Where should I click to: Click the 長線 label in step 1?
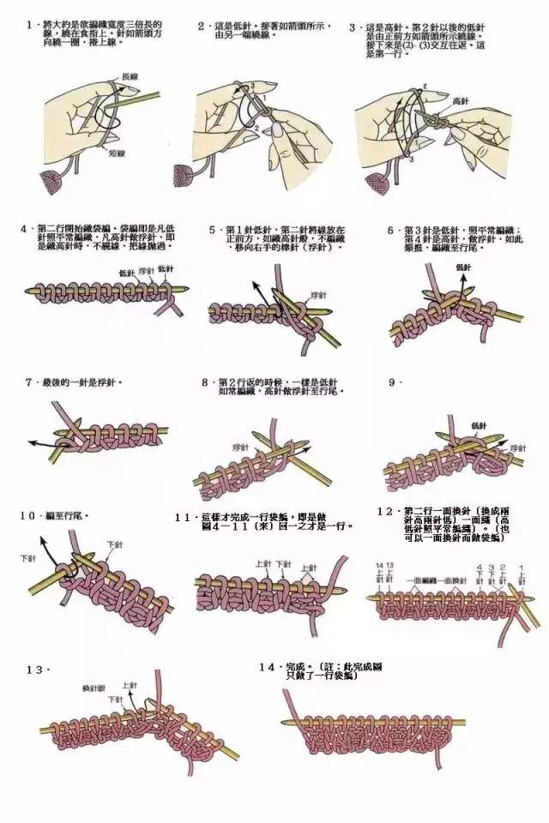pyautogui.click(x=130, y=76)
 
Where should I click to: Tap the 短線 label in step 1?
pyautogui.click(x=118, y=155)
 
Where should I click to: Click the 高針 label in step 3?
pyautogui.click(x=461, y=101)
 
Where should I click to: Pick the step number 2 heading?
pyautogui.click(x=202, y=27)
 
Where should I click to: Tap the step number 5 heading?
pyautogui.click(x=214, y=231)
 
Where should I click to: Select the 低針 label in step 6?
pyautogui.click(x=464, y=267)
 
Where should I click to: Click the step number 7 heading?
pyautogui.click(x=29, y=382)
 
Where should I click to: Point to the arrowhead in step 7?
pyautogui.click(x=31, y=442)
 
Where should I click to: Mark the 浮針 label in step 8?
pyautogui.click(x=240, y=448)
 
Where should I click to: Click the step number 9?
pyautogui.click(x=392, y=382)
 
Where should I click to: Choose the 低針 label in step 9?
pyautogui.click(x=479, y=425)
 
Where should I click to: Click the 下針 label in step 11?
pyautogui.click(x=280, y=564)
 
